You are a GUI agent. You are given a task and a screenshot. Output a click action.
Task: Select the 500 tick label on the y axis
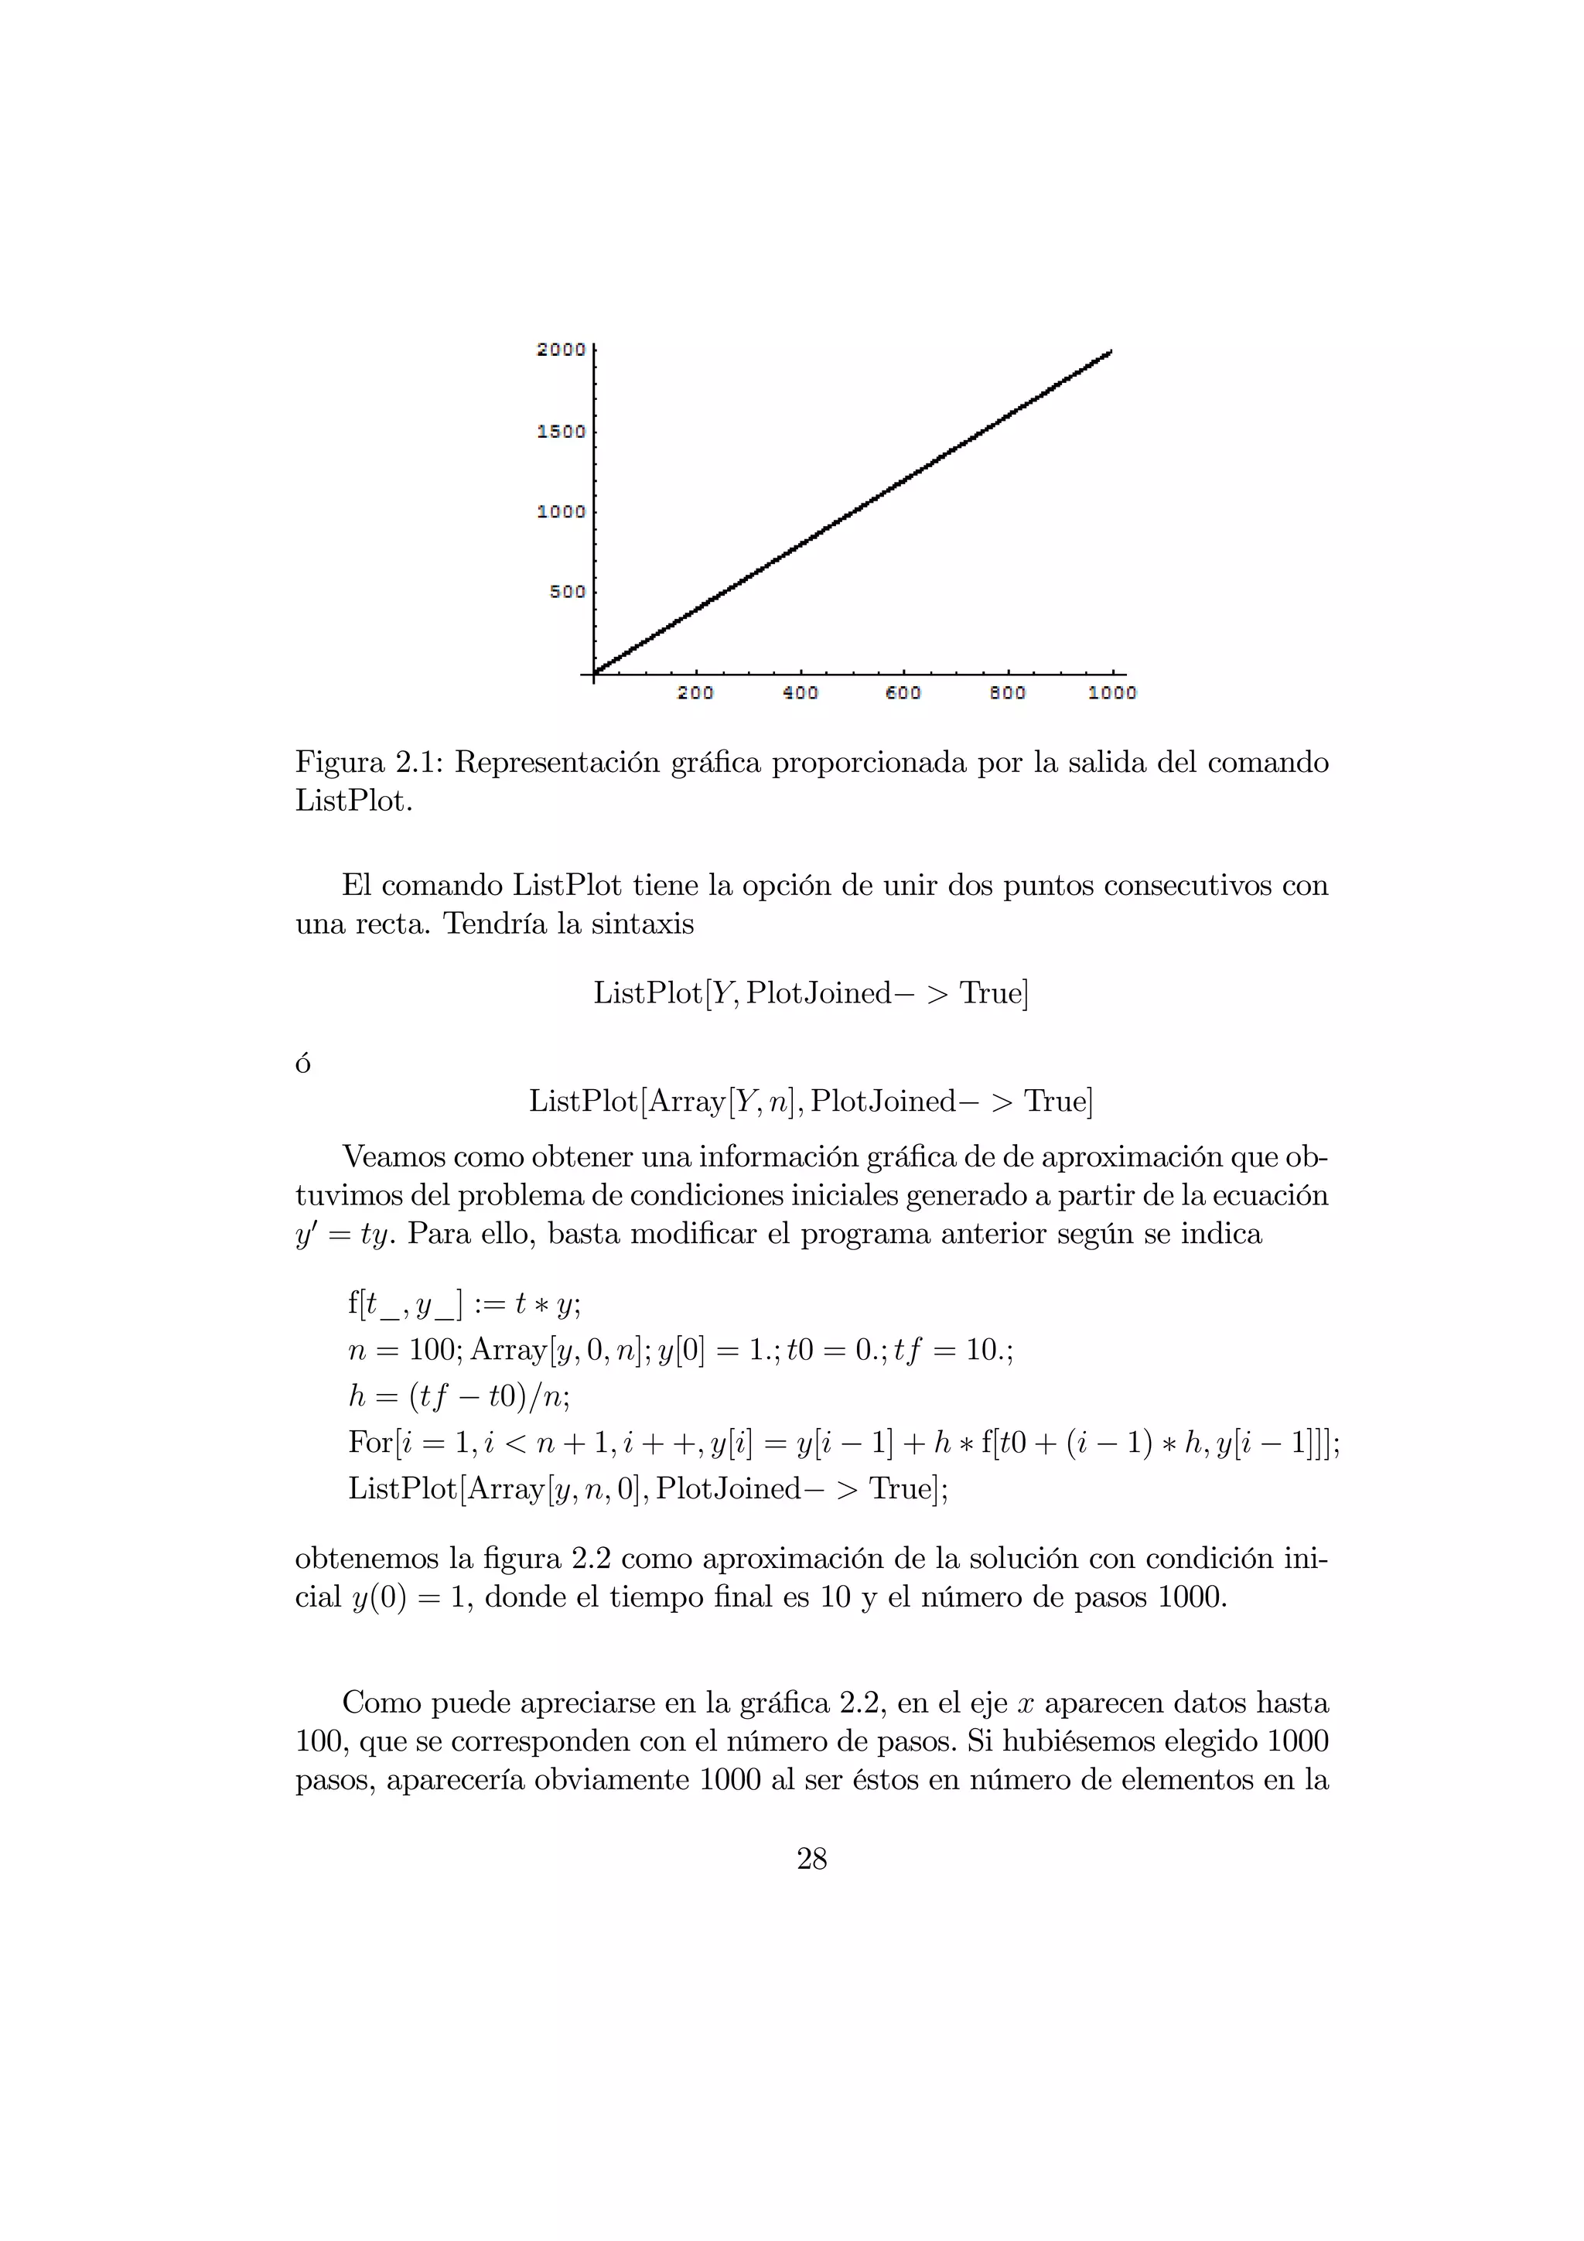click(x=567, y=592)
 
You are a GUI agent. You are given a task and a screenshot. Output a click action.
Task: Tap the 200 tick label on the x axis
click(x=695, y=693)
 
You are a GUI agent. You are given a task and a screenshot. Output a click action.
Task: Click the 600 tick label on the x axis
click(x=903, y=693)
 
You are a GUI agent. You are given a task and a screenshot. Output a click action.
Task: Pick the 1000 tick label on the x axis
click(x=1111, y=693)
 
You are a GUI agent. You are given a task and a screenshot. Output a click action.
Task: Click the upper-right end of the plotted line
click(x=1110, y=352)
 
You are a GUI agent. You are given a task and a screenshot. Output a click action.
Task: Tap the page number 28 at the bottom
click(x=811, y=1860)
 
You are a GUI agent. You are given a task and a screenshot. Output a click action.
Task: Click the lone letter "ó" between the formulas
click(x=303, y=1063)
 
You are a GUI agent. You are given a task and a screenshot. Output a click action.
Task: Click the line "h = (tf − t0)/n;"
click(x=459, y=1397)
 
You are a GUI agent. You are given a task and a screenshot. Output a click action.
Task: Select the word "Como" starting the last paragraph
click(x=381, y=1703)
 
